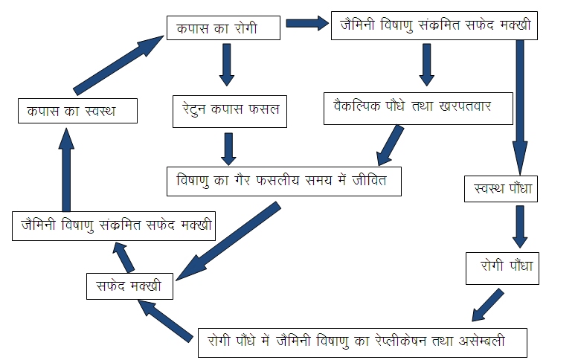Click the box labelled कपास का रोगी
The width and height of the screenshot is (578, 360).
(x=223, y=28)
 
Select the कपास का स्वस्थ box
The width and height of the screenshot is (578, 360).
(x=78, y=111)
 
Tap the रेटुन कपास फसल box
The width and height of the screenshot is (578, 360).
(x=230, y=112)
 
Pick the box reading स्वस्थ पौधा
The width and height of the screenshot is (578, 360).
(x=501, y=189)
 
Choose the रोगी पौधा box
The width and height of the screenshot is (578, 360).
(x=502, y=269)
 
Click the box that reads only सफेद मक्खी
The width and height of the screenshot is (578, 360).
(x=129, y=286)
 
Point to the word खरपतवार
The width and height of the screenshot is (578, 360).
(x=465, y=106)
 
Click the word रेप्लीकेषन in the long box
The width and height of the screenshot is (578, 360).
(x=401, y=341)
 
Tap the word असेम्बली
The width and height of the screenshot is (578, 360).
(x=481, y=341)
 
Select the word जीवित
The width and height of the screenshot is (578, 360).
(x=370, y=180)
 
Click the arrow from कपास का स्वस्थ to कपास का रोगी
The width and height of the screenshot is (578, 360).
(x=118, y=65)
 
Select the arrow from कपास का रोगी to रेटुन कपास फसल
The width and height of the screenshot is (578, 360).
(x=227, y=65)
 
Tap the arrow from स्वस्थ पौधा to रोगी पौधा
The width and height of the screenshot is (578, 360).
(x=520, y=227)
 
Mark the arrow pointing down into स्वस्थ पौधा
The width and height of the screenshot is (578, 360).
(x=520, y=108)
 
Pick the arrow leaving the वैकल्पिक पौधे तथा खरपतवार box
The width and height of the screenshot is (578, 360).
(x=391, y=145)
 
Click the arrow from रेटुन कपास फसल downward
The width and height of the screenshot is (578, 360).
(x=228, y=149)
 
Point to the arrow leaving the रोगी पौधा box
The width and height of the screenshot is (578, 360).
(x=488, y=305)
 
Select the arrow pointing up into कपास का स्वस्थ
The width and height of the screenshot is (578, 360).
(x=66, y=170)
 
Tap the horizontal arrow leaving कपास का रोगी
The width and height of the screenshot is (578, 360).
(x=307, y=23)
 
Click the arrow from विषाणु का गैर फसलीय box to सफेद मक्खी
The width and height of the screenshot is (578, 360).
(x=228, y=241)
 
